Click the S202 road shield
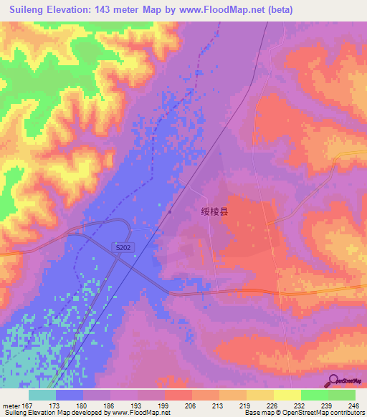point(122,246)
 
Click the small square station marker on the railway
point(169,211)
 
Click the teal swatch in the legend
point(42,395)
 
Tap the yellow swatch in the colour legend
point(287,395)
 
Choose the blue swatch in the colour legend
point(70,395)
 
